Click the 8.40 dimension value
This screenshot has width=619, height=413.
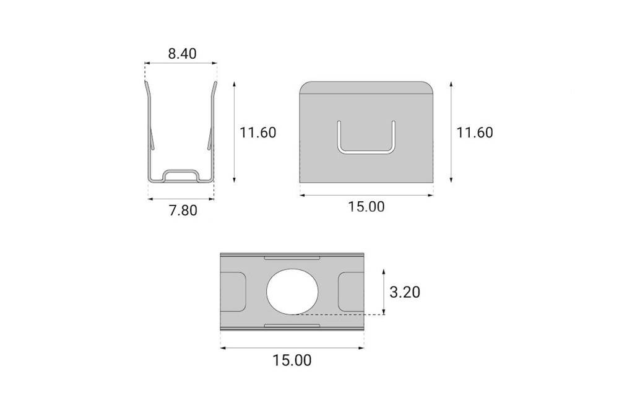point(182,54)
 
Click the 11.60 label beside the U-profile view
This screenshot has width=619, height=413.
point(258,132)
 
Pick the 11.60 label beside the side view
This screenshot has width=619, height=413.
point(474,132)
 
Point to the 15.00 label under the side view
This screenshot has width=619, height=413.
point(366,207)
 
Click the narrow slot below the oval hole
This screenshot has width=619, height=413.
point(293,325)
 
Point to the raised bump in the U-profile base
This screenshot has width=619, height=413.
point(181,174)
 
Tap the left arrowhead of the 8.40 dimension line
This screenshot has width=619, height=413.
point(147,63)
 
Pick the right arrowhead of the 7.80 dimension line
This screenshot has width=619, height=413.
point(211,199)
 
